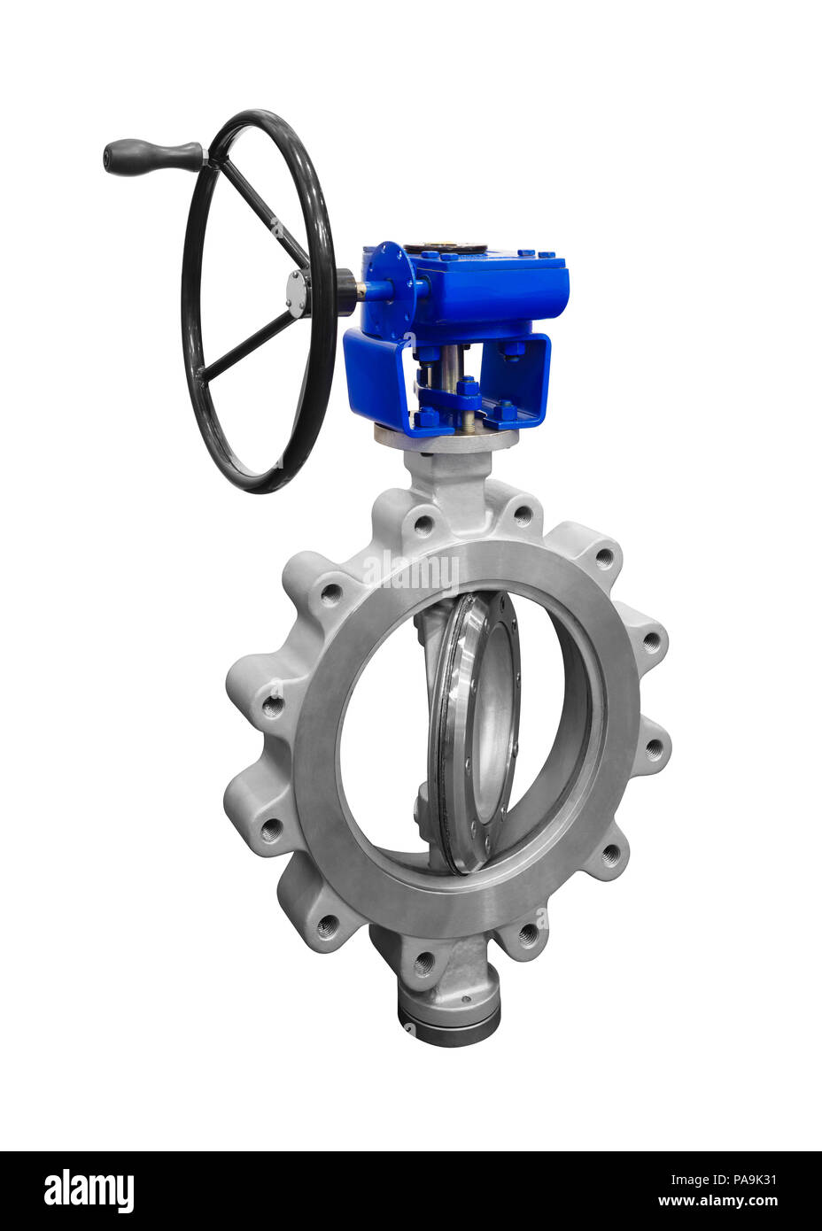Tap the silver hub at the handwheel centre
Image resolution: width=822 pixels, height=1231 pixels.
coord(297,291)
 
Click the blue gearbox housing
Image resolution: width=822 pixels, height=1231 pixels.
coord(496,283)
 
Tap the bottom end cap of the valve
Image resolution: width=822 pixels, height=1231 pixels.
coord(448,1027)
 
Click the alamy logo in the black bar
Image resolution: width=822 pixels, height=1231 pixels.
coord(89,1191)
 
